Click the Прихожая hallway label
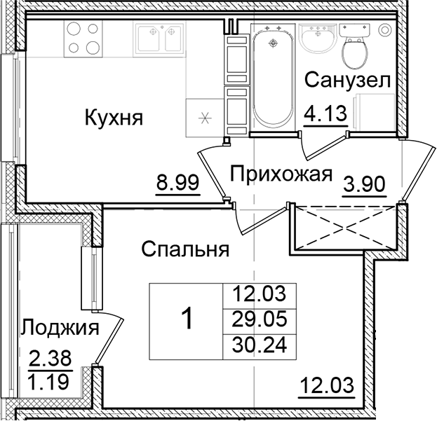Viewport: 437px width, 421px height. tap(279, 174)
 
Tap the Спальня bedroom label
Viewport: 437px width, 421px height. tap(185, 249)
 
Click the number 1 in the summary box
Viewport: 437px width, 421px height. tap(187, 319)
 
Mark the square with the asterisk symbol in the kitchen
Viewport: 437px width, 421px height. tap(205, 117)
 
